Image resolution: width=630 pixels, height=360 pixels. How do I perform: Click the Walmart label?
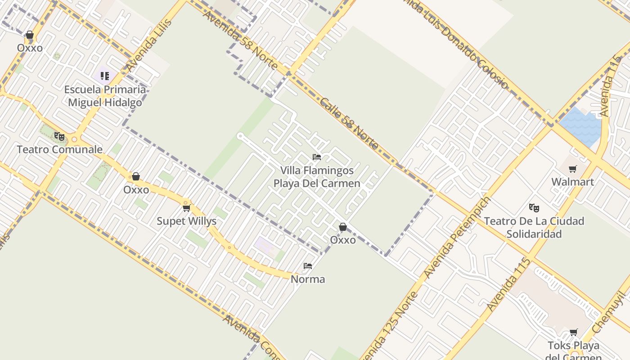coord(573,182)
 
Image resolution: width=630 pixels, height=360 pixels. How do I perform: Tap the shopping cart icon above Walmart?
coord(573,169)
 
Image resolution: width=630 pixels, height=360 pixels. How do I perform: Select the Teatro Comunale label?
coord(59,149)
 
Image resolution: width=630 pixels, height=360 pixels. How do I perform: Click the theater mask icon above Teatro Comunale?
coord(59,136)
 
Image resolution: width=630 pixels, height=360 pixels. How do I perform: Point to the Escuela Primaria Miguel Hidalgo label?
coord(105,96)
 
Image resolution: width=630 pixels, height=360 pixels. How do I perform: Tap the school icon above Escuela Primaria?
coord(105,76)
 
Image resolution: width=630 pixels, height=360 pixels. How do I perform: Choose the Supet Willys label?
coord(186,221)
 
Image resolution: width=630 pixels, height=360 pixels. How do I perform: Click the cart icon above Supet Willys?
coord(187,208)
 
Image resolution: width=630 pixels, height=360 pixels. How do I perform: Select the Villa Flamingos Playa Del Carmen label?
coord(317,177)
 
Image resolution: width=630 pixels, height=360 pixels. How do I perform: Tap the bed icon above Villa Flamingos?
coord(317,157)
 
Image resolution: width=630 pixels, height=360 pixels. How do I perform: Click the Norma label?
coord(308,279)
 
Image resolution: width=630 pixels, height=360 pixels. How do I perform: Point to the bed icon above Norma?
coord(308,266)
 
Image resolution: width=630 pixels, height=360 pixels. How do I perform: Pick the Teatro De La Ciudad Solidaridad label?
coord(534,227)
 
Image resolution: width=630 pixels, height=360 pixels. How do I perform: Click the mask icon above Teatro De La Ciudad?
coord(534,208)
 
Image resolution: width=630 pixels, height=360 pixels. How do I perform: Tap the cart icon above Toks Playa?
coord(574,333)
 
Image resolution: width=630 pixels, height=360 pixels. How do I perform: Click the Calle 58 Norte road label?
coord(349,124)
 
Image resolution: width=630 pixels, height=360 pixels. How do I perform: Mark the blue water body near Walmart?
coord(583,126)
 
